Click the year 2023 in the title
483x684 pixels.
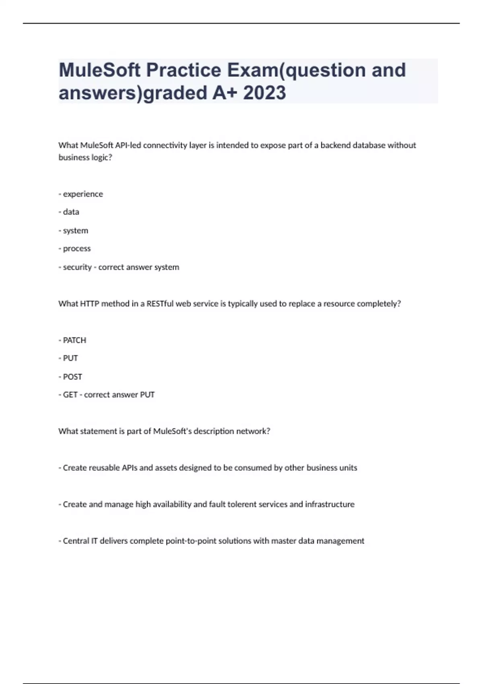coord(264,93)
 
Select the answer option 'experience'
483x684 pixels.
coord(83,194)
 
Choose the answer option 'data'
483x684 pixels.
coord(71,212)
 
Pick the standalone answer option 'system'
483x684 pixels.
coord(75,231)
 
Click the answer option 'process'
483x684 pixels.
coord(76,249)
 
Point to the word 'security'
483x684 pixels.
coord(77,267)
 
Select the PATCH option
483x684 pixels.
coord(74,340)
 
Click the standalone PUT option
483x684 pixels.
coord(70,358)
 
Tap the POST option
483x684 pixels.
coord(72,377)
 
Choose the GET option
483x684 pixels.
coord(70,395)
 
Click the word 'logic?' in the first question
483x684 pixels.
coord(103,157)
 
